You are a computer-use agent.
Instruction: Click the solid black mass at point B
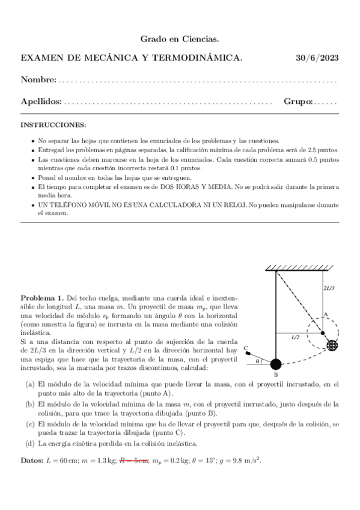(276, 363)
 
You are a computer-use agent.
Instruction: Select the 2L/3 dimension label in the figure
(329, 288)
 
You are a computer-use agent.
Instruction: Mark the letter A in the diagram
(325, 313)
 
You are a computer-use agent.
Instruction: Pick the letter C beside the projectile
(246, 348)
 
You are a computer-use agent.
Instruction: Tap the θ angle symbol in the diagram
(258, 361)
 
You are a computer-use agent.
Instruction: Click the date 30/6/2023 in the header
(317, 58)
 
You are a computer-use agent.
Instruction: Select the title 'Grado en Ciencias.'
(180, 39)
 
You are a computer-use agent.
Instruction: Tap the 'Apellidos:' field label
(41, 102)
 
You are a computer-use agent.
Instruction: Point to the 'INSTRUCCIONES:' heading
(53, 124)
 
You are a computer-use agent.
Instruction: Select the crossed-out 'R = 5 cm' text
(134, 460)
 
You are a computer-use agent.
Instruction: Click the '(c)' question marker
(29, 423)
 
